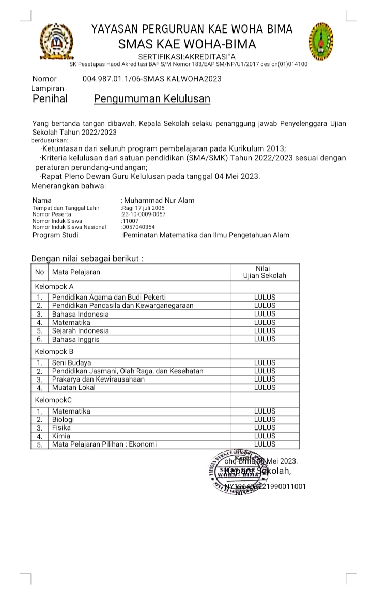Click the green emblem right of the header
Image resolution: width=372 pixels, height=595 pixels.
(x=321, y=41)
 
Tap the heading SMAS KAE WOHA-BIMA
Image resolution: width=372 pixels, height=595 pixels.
(x=187, y=44)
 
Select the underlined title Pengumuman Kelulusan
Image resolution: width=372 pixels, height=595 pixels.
(x=152, y=98)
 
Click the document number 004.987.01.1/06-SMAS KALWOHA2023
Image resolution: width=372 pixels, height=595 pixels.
(x=152, y=79)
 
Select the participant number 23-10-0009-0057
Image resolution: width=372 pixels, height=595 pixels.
(x=143, y=214)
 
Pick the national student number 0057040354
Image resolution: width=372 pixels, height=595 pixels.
(x=138, y=227)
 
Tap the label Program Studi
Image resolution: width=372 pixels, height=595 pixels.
(x=55, y=235)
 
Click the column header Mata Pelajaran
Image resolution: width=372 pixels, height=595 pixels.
(x=76, y=272)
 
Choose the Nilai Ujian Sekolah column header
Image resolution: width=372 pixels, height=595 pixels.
(x=265, y=272)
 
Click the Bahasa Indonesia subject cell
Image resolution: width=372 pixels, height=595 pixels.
(x=80, y=314)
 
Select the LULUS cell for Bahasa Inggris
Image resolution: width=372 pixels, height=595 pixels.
(x=265, y=339)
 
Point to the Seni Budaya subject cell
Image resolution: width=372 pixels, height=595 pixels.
(x=71, y=362)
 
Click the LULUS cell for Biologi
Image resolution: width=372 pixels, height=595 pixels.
(x=265, y=419)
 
